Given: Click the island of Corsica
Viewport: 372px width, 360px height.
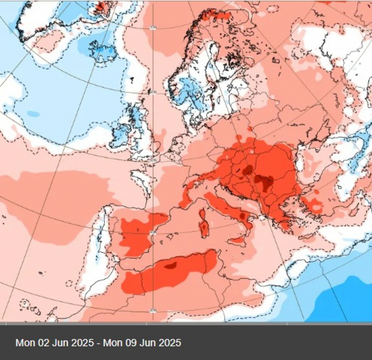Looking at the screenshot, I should pos(203,214).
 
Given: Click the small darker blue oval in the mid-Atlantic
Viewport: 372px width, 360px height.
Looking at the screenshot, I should pos(33,113).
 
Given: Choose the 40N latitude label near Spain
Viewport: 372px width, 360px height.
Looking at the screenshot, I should pos(153,233).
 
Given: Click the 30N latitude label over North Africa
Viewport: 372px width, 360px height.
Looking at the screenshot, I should pos(153,310).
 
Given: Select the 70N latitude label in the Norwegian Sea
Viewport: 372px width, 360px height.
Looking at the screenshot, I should pos(153,28).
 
